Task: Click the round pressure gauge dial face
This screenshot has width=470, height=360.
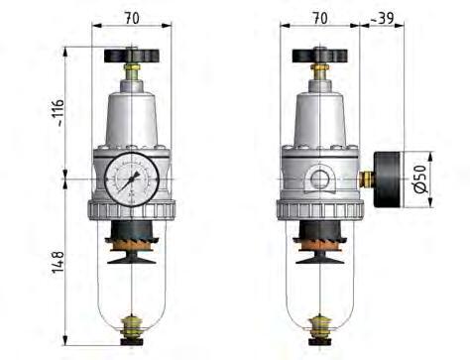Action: point(129,180)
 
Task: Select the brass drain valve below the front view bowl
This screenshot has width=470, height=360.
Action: point(131,326)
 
